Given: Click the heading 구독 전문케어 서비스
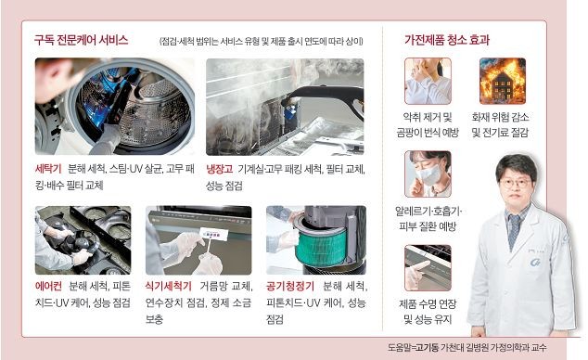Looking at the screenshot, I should click(x=82, y=41).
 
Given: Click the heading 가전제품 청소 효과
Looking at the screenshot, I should click(x=447, y=41).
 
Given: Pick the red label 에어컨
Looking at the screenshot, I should click(x=48, y=286).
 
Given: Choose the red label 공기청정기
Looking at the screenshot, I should click(x=290, y=286).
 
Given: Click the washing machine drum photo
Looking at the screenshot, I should click(x=113, y=106).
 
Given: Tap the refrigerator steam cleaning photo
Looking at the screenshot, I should click(x=284, y=106).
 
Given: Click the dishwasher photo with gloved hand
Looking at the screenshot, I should click(x=198, y=238).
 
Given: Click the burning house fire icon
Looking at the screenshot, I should click(x=502, y=81).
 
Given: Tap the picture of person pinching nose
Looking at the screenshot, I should click(x=428, y=81).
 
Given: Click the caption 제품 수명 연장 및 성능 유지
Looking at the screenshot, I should click(x=428, y=312).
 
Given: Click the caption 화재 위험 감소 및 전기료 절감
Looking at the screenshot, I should click(x=502, y=125).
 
